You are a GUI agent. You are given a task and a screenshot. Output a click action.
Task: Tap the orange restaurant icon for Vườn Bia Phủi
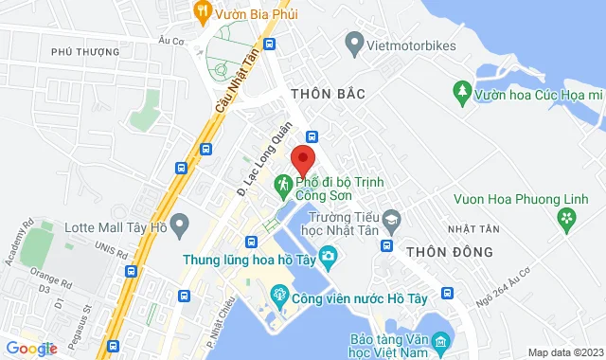(x=202, y=11)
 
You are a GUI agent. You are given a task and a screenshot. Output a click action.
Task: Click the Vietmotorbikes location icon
(x=354, y=42)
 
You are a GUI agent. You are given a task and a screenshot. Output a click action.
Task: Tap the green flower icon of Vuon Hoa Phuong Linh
(x=566, y=221)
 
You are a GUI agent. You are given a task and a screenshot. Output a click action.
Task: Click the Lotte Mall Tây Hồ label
(x=116, y=227)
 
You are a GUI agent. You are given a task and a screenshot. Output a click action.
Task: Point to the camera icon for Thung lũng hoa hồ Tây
(x=328, y=256)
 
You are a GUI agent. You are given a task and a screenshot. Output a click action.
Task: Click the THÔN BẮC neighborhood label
(x=327, y=95)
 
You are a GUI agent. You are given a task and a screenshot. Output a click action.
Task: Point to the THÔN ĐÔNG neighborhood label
(x=449, y=252)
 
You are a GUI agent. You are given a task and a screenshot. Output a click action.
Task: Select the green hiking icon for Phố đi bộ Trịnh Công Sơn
(x=282, y=182)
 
